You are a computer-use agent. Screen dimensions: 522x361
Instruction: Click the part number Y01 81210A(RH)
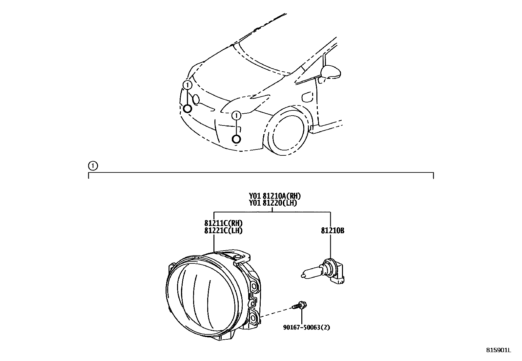pos(274,196)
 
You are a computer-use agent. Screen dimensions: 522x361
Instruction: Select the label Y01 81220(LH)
pos(273,203)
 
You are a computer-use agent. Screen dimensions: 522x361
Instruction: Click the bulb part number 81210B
pos(332,231)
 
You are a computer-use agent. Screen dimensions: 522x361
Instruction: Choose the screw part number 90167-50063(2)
pos(306,327)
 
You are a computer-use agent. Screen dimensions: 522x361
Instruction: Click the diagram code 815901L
pos(498,350)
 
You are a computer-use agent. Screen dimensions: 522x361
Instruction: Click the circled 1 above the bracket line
pos(93,166)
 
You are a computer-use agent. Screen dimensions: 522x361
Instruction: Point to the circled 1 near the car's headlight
pos(236,116)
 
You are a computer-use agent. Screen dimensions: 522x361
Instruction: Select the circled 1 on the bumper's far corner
pos(188,85)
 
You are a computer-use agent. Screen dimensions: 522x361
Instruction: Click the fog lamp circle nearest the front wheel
pos(236,139)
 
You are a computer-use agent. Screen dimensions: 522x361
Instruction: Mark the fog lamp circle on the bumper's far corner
pos(188,108)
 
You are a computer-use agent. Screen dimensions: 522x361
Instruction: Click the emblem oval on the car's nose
pos(196,99)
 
